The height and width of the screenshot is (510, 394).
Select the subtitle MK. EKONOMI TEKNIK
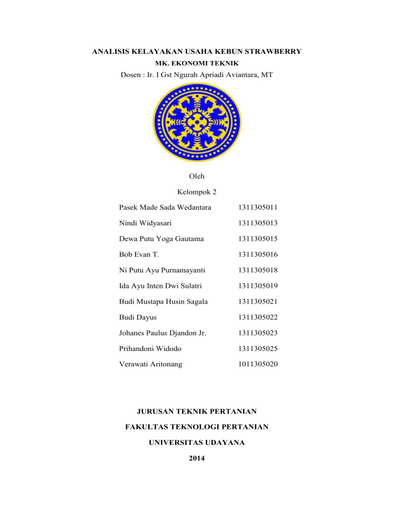coord(196,64)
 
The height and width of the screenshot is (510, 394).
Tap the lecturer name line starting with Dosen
coord(196,75)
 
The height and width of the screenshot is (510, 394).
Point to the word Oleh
coord(196,176)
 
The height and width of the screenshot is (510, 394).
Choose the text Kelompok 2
coord(196,192)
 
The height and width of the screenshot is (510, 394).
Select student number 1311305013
coord(259,223)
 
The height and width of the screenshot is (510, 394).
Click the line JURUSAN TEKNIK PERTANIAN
coord(196,410)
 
